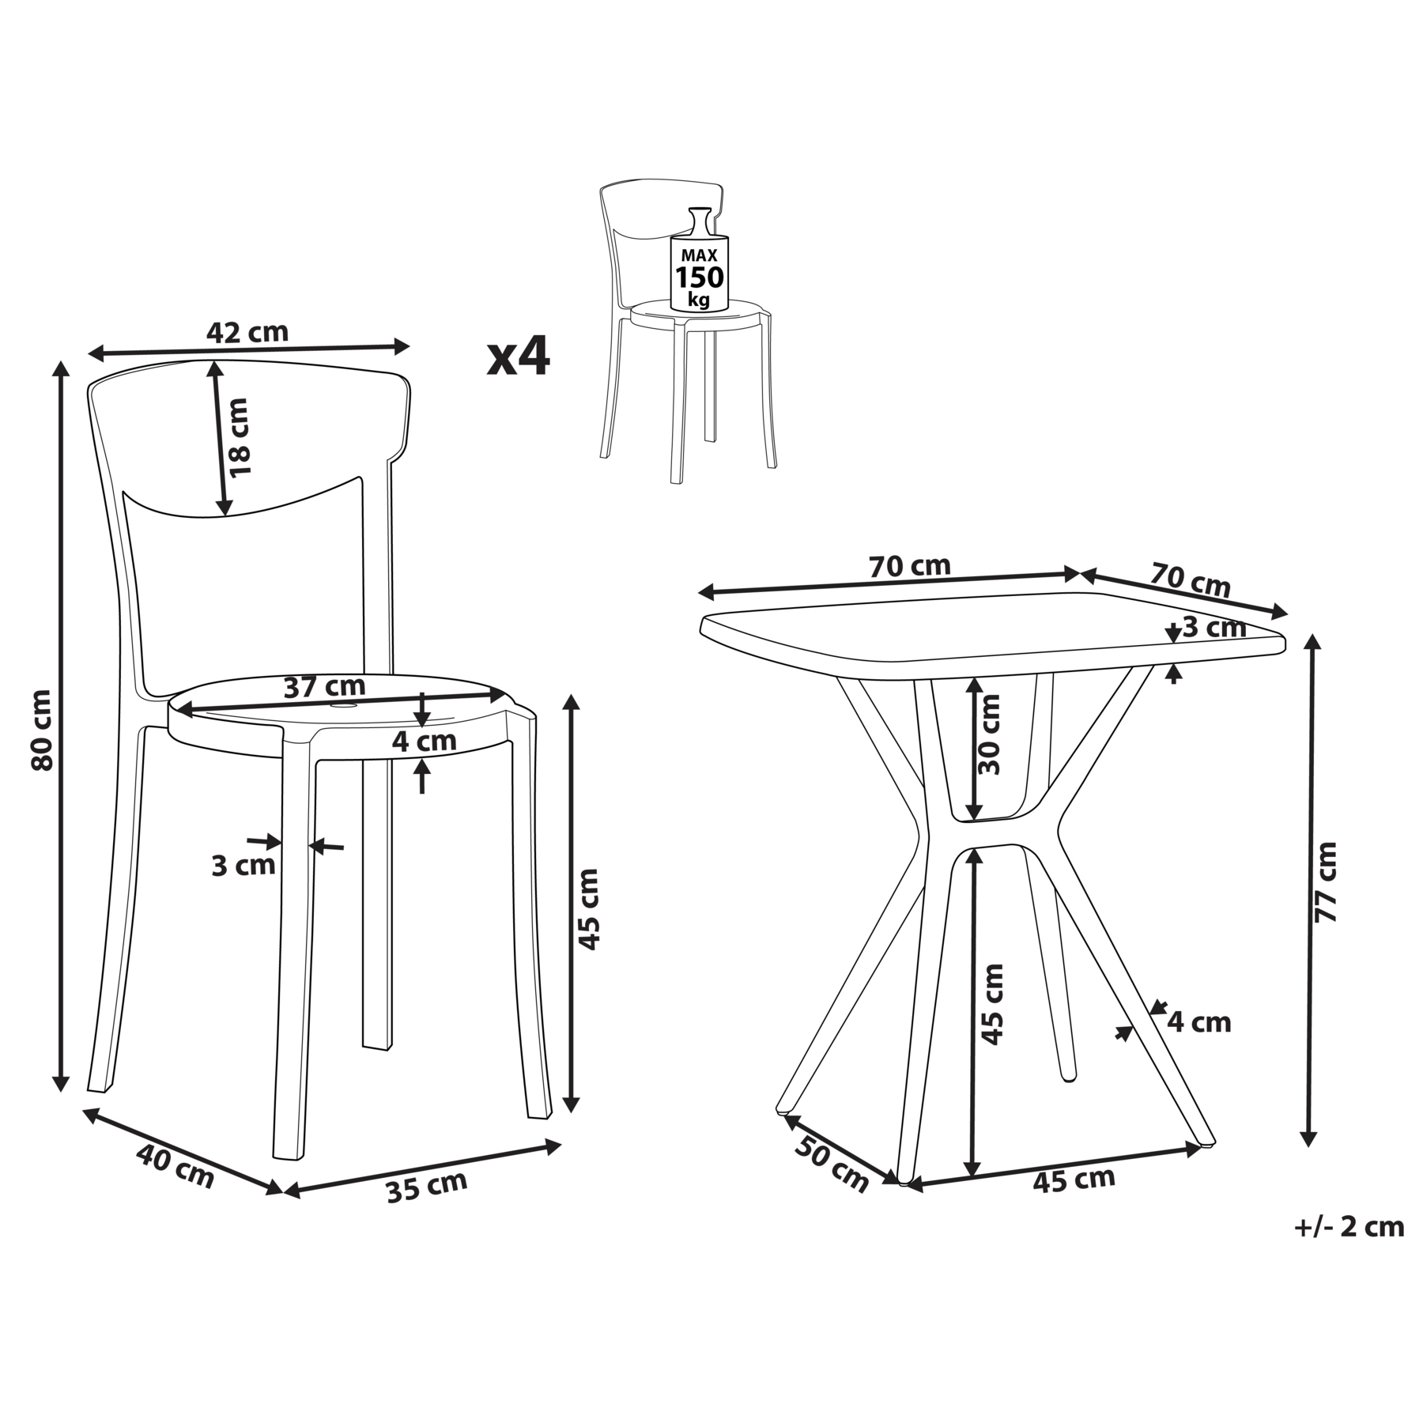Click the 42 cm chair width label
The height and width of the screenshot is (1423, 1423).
coord(247,333)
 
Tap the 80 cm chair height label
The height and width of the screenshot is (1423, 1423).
coord(41,730)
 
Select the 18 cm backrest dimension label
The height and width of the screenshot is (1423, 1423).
coord(237,437)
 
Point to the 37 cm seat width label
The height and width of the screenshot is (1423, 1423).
coord(324,687)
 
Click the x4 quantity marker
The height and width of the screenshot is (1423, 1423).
coord(518,357)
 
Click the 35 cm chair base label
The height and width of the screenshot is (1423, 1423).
coord(427,1187)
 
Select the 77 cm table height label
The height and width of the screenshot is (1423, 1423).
coord(1326,882)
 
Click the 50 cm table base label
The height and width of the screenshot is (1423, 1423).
coord(831,1163)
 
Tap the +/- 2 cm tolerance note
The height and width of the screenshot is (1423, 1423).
coord(1349,1226)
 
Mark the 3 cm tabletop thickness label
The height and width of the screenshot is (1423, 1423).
coord(1214,628)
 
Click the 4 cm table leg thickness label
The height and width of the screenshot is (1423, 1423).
coord(1199,1022)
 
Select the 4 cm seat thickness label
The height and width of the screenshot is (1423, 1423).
coord(425,741)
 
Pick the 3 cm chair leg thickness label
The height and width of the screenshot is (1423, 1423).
coord(243,866)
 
